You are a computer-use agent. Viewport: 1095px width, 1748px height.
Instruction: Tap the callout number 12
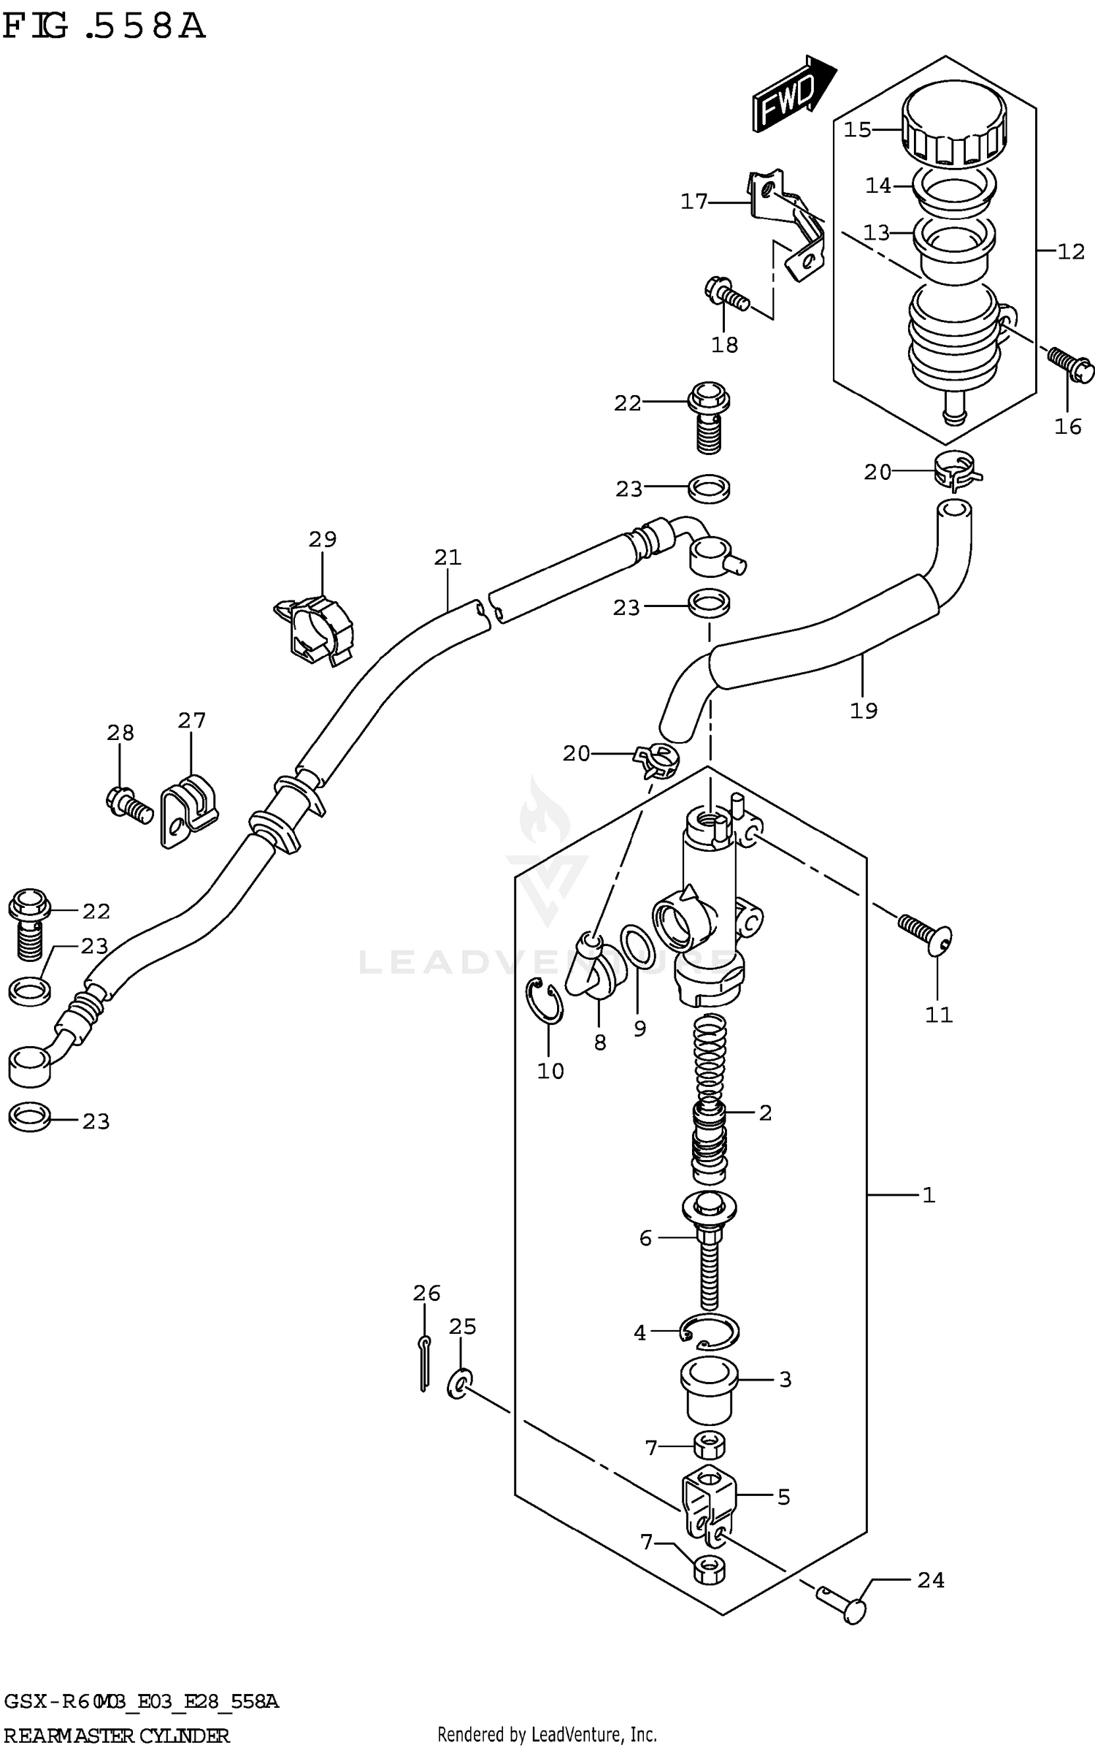1071,252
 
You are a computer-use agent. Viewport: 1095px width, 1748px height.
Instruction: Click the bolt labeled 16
1071,363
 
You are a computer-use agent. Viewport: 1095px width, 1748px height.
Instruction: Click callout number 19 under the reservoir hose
864,710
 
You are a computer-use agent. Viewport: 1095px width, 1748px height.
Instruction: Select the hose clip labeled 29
317,627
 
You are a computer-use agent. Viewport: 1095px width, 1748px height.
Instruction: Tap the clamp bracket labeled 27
188,809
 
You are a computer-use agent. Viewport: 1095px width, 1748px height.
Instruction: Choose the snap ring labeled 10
545,1001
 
